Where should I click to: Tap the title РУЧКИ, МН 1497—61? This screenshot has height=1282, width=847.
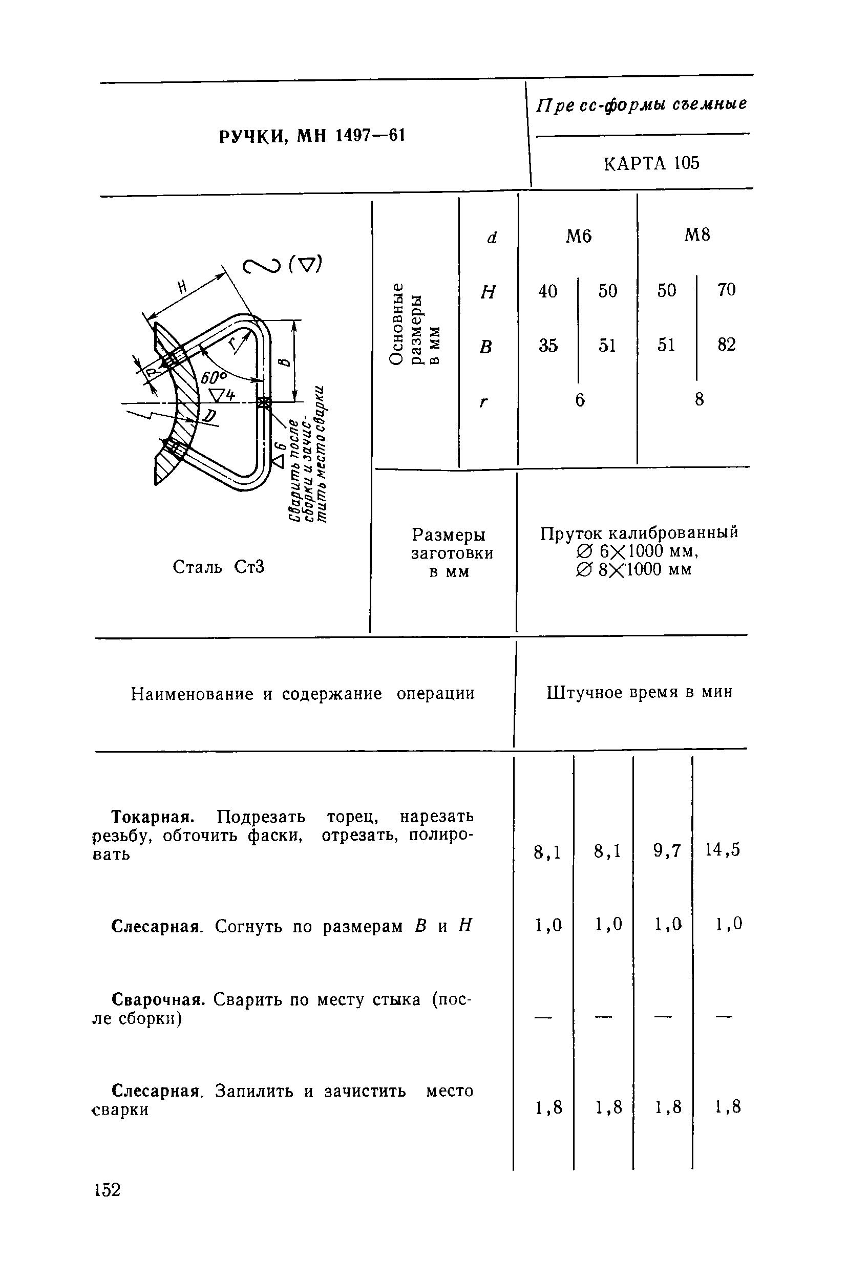tap(312, 136)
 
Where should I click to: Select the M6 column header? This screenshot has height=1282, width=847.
tap(579, 236)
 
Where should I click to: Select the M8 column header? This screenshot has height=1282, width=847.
tap(697, 234)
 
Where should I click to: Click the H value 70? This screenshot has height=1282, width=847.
tap(727, 290)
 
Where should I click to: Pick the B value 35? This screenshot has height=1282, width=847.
tap(548, 346)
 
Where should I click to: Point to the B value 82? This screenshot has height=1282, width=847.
tap(727, 345)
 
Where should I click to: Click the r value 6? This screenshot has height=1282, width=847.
tap(580, 400)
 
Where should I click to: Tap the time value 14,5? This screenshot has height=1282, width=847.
tap(722, 850)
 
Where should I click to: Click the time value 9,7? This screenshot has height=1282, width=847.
tap(667, 850)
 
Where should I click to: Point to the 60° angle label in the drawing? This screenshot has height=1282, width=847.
tap(215, 377)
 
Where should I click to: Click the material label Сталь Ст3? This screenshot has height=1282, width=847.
tap(218, 567)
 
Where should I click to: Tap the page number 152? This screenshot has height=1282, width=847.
tap(107, 1190)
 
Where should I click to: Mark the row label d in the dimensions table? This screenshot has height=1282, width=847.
tap(491, 238)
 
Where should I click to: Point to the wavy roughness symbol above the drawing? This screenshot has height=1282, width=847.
tap(262, 266)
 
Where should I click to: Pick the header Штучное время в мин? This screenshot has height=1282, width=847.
tap(640, 692)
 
